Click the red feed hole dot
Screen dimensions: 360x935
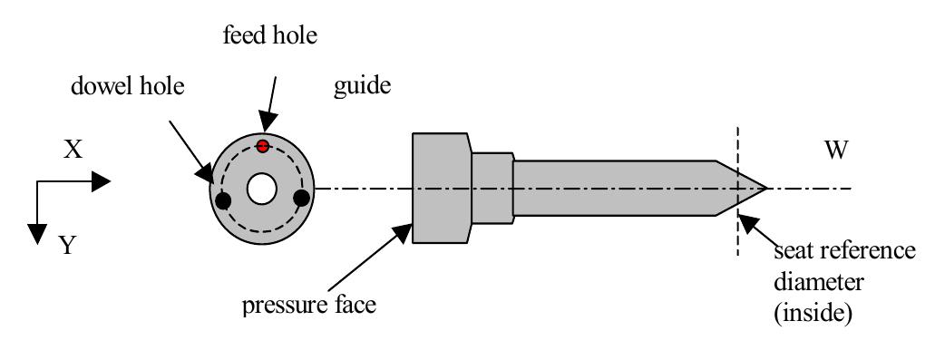point(263,146)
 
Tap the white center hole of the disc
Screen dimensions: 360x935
point(263,190)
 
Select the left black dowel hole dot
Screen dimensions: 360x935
point(224,199)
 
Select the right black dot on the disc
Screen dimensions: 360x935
point(302,198)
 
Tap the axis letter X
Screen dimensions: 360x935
point(73,150)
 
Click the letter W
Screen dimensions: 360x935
point(837,150)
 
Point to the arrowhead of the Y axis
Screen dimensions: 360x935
point(37,233)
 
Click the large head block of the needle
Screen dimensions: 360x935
point(441,189)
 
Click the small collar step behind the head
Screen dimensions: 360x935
point(492,189)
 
